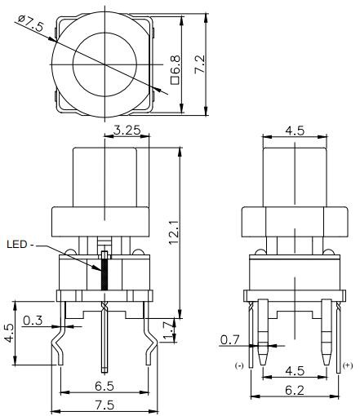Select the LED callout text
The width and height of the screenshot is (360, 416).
click(x=21, y=243)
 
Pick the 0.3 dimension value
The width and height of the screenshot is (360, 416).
click(x=33, y=320)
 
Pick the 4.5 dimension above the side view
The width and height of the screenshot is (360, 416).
click(x=294, y=129)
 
